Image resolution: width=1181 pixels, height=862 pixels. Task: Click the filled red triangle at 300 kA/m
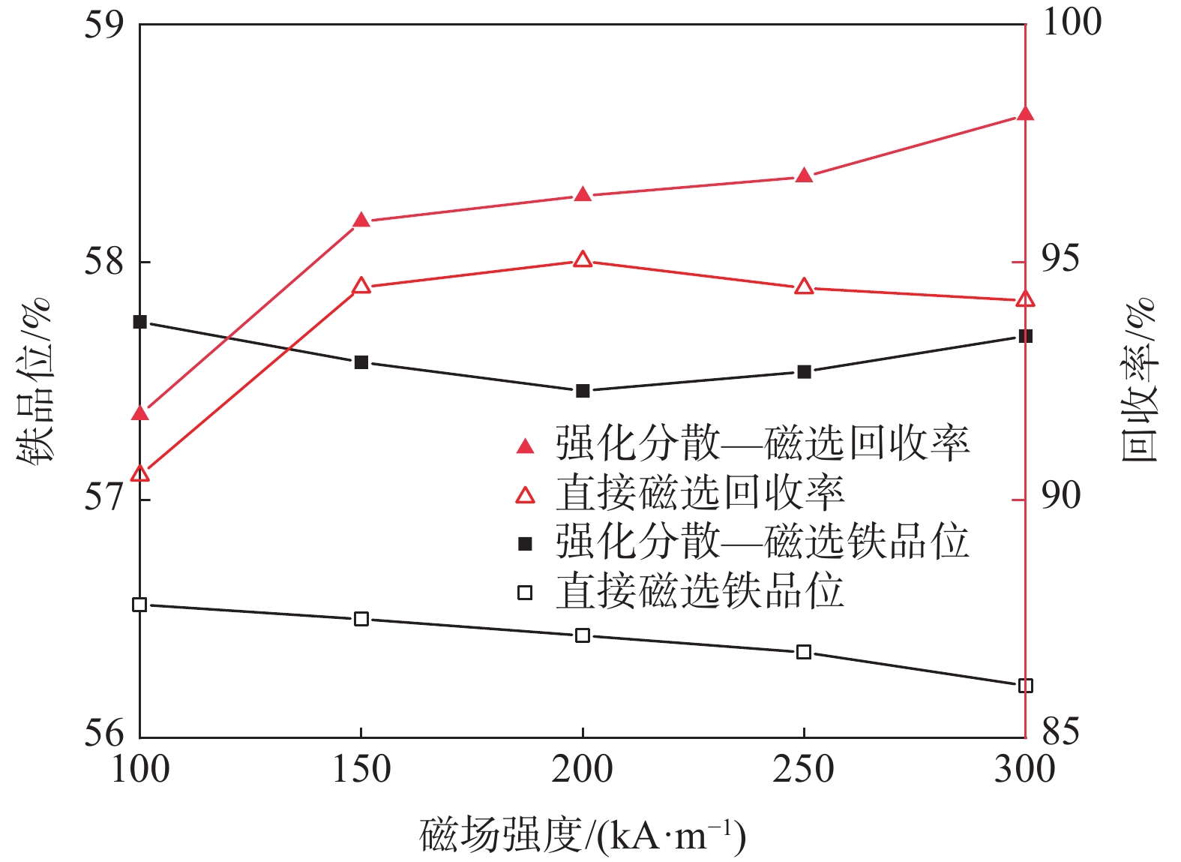click(1025, 114)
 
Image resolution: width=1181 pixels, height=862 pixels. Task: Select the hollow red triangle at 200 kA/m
click(583, 260)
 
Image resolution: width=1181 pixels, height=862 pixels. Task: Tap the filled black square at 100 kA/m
click(139, 322)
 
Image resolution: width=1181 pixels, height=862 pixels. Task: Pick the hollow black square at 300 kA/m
click(1025, 685)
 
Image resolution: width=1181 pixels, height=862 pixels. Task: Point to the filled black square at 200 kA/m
click(583, 390)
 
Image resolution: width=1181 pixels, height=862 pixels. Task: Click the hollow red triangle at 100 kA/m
click(140, 473)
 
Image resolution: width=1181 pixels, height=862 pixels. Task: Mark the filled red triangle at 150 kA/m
click(361, 220)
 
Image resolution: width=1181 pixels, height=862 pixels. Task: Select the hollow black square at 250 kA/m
click(804, 652)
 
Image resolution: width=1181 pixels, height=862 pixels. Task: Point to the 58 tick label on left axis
click(105, 263)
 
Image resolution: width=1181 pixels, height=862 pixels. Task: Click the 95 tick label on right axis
click(1061, 259)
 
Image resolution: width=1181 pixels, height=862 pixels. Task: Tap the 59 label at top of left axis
click(105, 24)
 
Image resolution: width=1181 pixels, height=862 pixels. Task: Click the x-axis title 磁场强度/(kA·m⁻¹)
click(583, 835)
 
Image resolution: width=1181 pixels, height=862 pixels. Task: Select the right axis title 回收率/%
click(1140, 381)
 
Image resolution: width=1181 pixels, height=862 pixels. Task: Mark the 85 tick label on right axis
click(1061, 731)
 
